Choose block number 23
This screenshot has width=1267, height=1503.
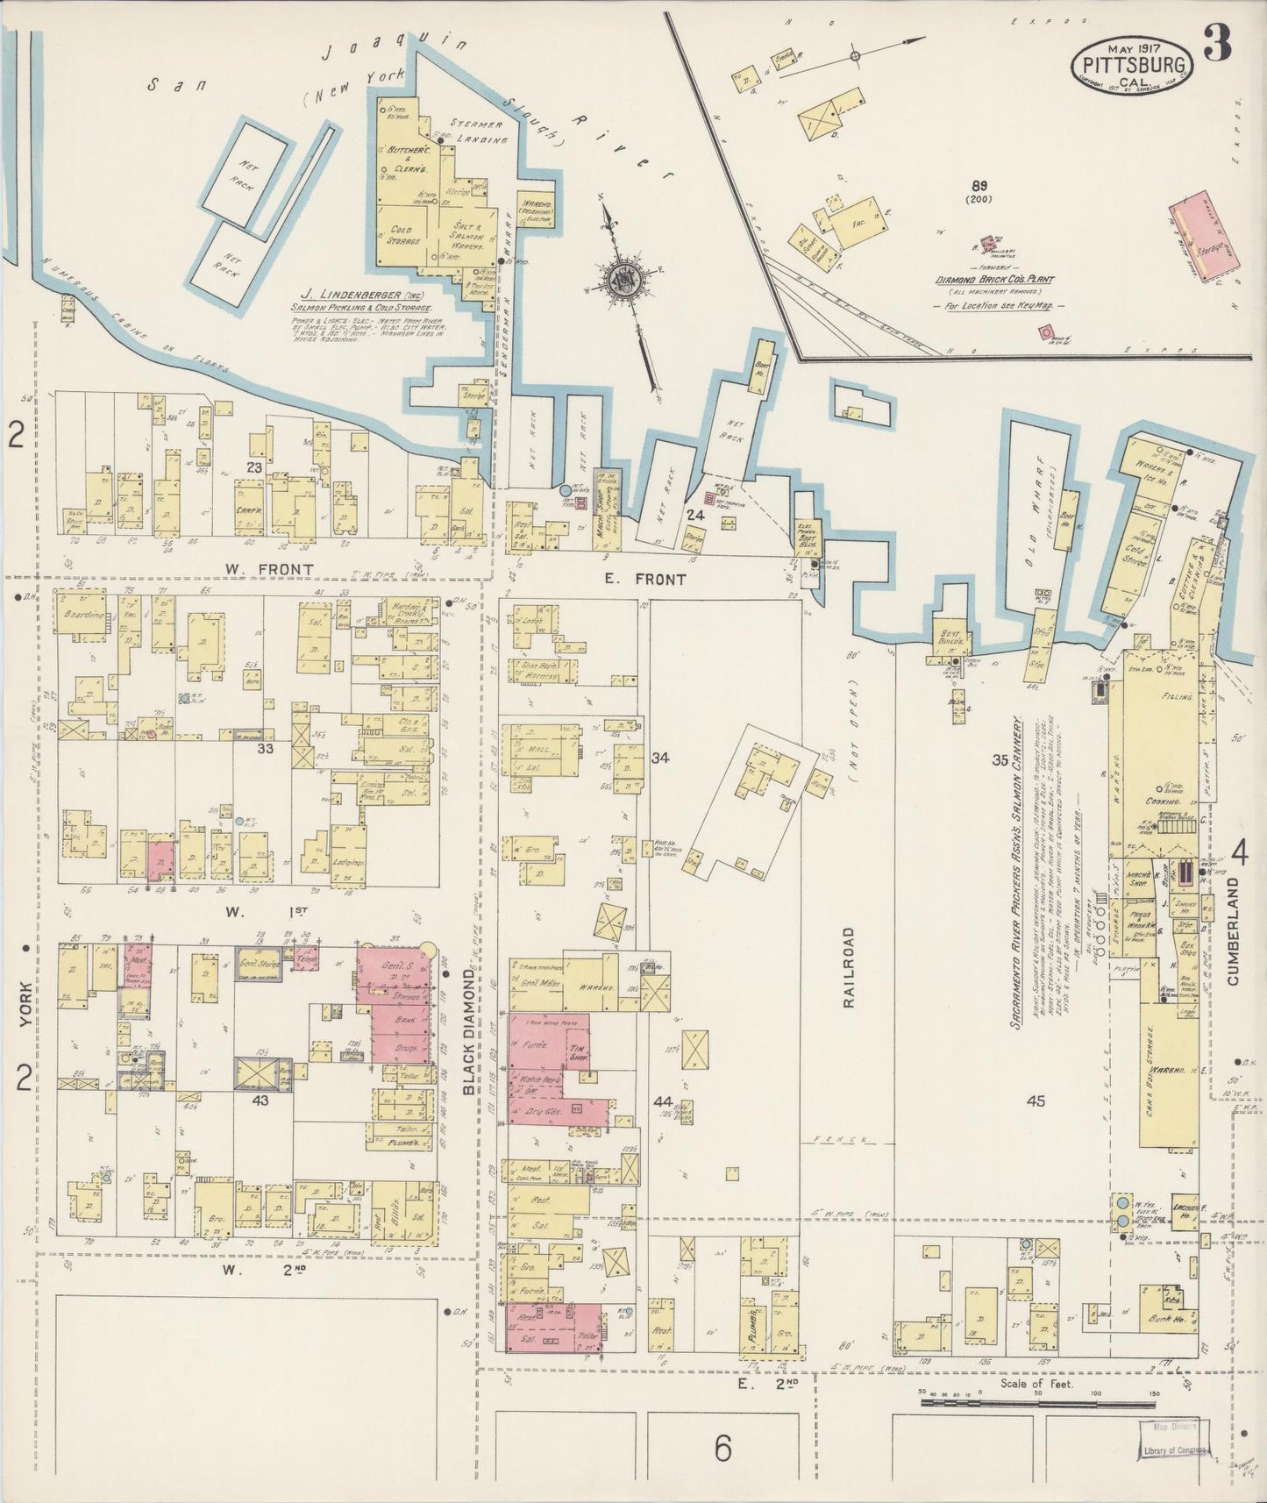point(254,468)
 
